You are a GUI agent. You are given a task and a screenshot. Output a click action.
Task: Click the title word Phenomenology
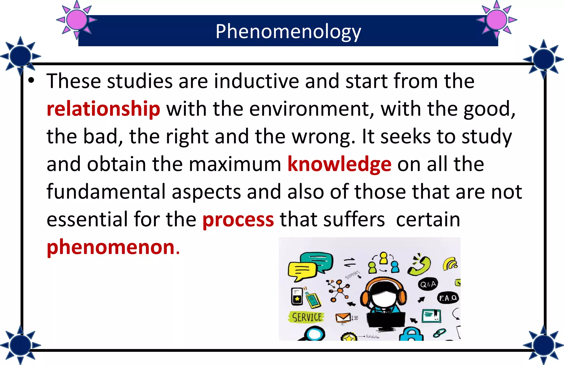(x=288, y=32)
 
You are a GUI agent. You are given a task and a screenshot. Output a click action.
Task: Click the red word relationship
(x=103, y=109)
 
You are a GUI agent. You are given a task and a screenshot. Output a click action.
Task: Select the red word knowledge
(x=339, y=164)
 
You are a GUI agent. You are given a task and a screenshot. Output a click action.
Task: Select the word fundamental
(x=106, y=191)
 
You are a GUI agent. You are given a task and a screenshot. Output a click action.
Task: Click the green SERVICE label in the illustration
(x=307, y=317)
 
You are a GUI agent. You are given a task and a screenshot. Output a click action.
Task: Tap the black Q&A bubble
(x=428, y=284)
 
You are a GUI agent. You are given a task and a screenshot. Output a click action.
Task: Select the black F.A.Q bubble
(x=448, y=298)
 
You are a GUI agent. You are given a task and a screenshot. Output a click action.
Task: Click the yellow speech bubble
(x=302, y=271)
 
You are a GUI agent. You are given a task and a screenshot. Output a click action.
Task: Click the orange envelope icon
(x=343, y=318)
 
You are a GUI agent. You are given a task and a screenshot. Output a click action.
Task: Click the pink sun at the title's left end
(x=77, y=20)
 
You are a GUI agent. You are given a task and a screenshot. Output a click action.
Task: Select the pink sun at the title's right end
(x=497, y=20)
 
